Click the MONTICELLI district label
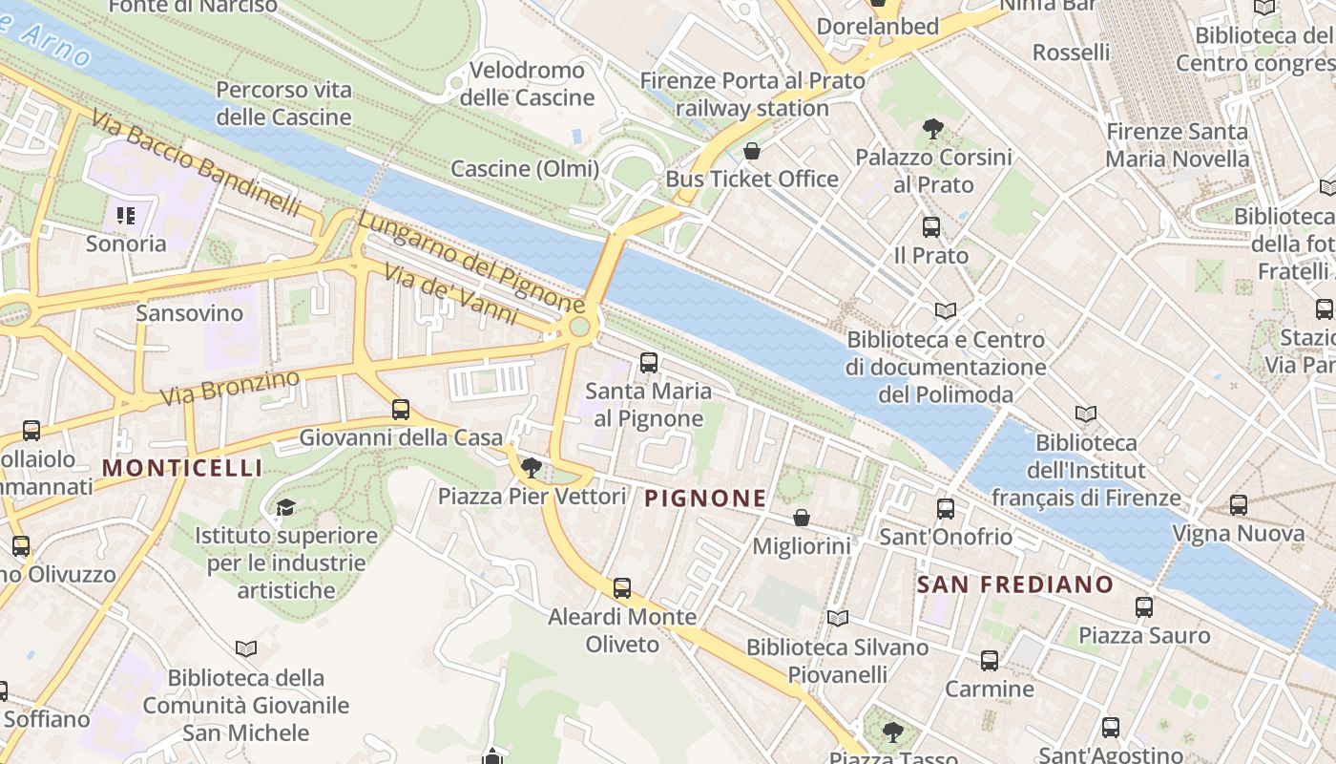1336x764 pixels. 181,468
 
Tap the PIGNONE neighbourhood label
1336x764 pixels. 705,498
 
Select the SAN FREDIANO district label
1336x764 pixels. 1015,584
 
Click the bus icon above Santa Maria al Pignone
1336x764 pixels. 649,362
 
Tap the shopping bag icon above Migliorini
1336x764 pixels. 802,518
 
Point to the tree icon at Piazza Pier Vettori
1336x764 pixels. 532,467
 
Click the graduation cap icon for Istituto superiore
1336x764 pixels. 285,506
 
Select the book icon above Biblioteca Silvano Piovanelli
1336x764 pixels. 837,619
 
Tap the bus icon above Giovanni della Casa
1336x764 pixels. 401,410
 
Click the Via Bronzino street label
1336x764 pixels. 230,386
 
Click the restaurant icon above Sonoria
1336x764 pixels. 126,215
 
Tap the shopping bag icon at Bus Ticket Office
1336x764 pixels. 752,151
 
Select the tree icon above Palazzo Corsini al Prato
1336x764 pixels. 933,128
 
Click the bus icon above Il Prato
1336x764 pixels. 931,227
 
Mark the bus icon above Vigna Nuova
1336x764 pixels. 1238,505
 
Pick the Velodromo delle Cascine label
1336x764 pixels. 527,84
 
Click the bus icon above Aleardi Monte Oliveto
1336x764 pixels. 622,588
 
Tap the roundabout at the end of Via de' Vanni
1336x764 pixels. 579,328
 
